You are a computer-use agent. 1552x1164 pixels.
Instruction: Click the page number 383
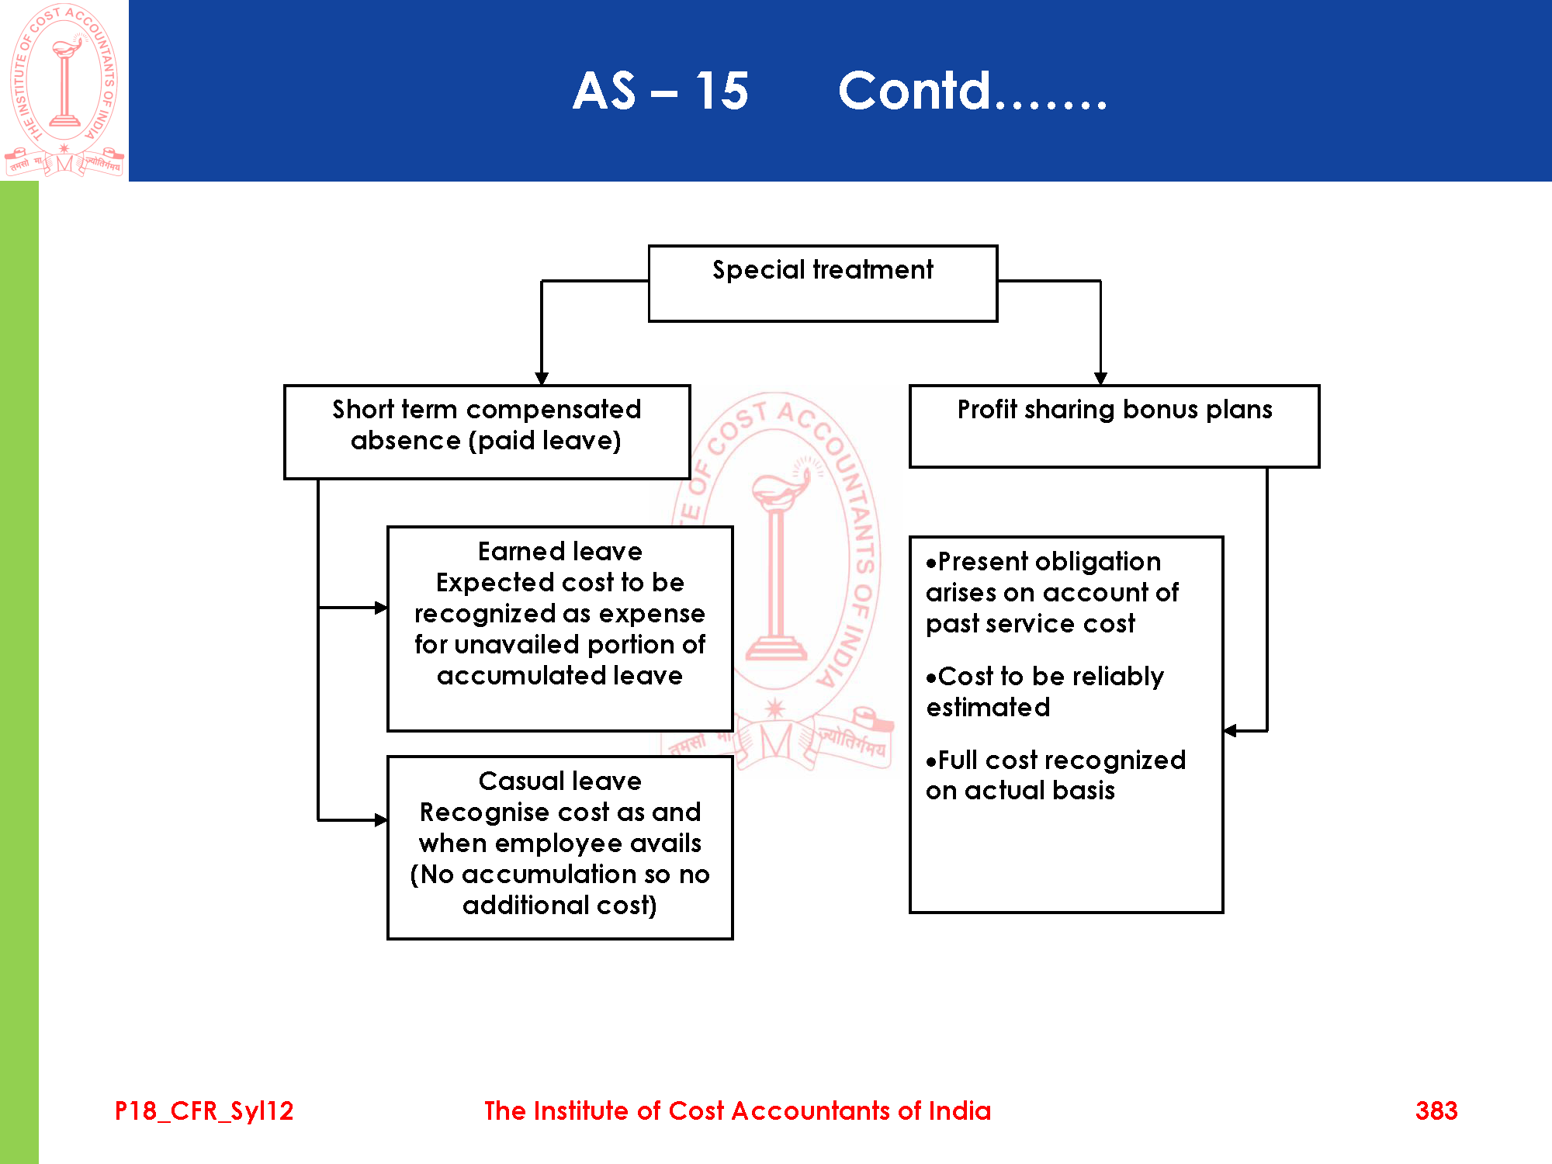click(1436, 1110)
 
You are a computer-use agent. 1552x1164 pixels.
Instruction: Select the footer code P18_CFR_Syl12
click(204, 1110)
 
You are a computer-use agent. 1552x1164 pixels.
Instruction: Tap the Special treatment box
click(823, 283)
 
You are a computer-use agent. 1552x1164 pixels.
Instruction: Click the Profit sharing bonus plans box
click(1114, 426)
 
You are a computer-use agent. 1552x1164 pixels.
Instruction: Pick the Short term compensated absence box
click(487, 431)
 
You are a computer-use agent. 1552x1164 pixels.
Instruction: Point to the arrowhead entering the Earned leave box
click(381, 608)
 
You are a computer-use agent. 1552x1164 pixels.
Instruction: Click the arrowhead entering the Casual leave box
click(381, 819)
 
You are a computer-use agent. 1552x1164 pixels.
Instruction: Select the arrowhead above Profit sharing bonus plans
click(1100, 379)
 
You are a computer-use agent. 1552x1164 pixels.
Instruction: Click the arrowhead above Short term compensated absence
click(542, 379)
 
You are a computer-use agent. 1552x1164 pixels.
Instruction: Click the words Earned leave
click(559, 552)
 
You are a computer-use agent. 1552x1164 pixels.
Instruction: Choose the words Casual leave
click(559, 781)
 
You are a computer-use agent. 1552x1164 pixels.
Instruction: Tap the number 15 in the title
click(721, 91)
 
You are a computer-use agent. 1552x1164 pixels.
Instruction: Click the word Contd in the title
click(915, 91)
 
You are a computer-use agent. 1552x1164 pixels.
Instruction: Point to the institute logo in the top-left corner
click(64, 89)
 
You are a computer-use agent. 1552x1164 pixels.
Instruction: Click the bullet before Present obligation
click(931, 563)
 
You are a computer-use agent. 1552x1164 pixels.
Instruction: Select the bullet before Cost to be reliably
click(931, 678)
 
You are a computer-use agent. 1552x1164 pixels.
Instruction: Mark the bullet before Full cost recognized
click(931, 762)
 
